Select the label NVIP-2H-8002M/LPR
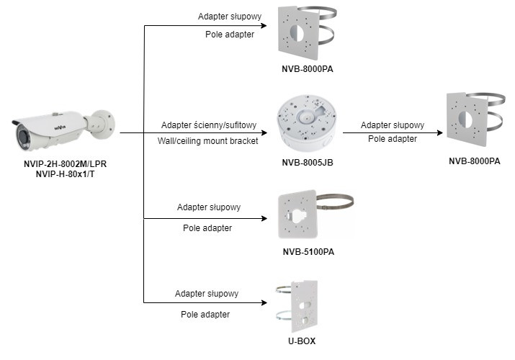[66, 164]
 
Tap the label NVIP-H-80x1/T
[66, 174]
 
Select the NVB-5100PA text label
[308, 252]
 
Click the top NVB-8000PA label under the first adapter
[308, 70]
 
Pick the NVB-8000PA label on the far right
[474, 161]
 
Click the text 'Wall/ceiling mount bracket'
[207, 140]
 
